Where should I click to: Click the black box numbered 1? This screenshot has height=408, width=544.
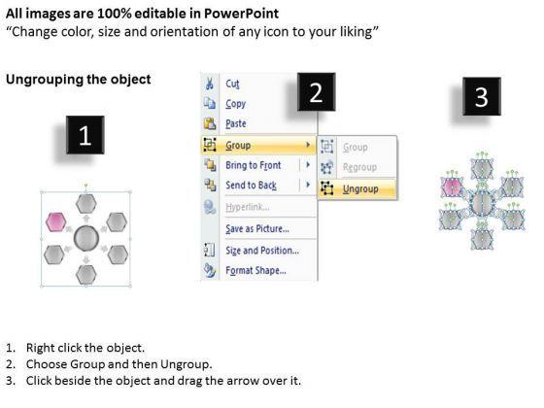tap(85, 135)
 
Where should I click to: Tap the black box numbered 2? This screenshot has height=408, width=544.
tap(316, 92)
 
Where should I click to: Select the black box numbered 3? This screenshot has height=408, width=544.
tap(482, 96)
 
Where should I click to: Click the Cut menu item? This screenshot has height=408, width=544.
tap(232, 84)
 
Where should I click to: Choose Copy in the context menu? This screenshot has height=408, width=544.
tap(235, 104)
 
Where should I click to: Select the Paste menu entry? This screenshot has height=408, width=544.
tap(236, 123)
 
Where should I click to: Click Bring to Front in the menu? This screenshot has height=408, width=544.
tap(254, 165)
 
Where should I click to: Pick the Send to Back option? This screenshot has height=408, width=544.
tap(251, 186)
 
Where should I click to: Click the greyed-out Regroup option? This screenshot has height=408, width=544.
tap(359, 167)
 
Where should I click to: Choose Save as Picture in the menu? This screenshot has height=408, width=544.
tap(257, 228)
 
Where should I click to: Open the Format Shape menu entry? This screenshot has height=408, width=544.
tap(255, 270)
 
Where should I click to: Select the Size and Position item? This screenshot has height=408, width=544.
tap(262, 251)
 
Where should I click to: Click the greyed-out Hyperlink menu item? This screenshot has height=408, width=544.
tap(248, 207)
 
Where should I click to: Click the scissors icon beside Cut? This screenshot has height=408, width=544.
tap(210, 84)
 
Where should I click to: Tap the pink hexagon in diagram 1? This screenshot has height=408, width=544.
tap(56, 222)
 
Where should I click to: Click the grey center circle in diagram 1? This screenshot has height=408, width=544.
tap(86, 238)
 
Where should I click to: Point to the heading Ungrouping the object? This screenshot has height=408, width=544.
tap(79, 79)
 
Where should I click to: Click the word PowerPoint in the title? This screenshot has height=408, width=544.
tap(241, 14)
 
